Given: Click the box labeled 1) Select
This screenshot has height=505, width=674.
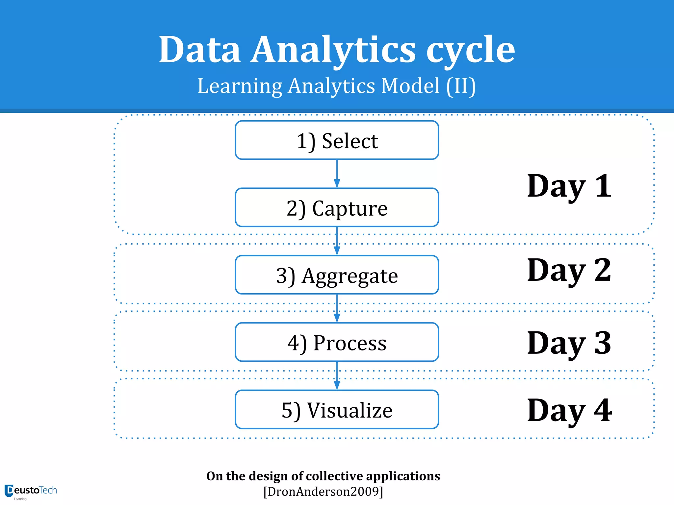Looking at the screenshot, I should [337, 140].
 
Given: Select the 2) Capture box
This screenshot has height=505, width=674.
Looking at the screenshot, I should [337, 208].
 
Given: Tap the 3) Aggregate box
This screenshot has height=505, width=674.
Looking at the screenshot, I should [337, 275].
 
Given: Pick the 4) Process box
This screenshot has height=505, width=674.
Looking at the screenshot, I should [337, 342].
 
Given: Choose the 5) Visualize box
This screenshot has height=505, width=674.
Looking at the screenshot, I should [337, 410].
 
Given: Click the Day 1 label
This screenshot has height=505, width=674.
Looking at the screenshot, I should [569, 186].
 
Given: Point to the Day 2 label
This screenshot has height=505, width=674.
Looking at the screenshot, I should [569, 270].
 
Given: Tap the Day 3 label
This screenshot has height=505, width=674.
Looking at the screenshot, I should [569, 343].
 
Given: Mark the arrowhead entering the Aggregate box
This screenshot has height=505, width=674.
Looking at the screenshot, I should [337, 251].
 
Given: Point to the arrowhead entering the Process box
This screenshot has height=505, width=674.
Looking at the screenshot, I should [337, 318].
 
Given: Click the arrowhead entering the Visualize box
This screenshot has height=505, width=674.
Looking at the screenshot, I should [337, 385].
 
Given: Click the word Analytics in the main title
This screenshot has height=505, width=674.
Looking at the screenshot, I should [333, 50].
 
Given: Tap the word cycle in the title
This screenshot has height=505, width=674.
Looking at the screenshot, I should [470, 50].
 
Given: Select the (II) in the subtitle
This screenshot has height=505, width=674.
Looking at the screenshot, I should [461, 86].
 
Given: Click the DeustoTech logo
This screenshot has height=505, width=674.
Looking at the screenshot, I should [30, 491].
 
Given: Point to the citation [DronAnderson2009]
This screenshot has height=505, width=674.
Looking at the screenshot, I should [323, 492].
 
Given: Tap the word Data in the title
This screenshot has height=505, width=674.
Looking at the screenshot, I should [199, 50].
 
